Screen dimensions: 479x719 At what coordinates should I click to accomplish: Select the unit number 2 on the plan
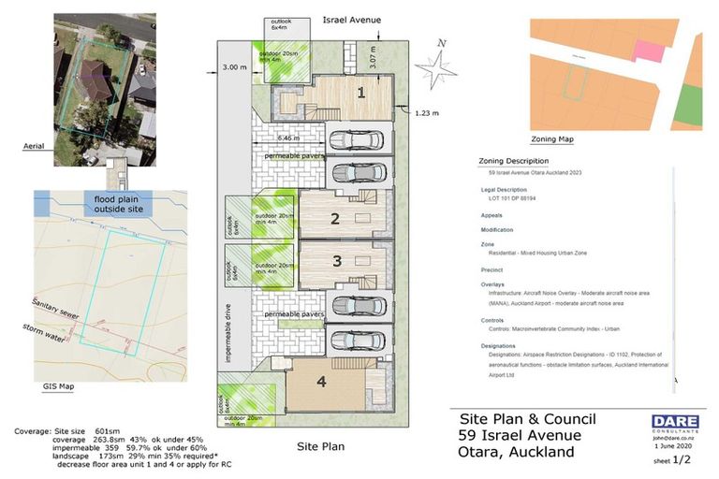tap(334, 219)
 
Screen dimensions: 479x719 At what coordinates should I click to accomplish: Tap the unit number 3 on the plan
tap(334, 261)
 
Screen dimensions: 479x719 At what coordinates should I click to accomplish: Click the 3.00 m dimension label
tap(234, 66)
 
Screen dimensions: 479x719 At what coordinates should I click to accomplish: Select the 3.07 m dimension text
tap(372, 59)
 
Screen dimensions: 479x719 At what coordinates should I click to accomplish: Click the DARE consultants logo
tap(674, 422)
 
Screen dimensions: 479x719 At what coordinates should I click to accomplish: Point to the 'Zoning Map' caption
tap(552, 139)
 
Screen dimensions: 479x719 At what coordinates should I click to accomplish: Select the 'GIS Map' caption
tap(58, 385)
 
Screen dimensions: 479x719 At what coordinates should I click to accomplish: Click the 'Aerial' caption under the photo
tap(35, 146)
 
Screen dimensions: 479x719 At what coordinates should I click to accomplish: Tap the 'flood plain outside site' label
tap(114, 204)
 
